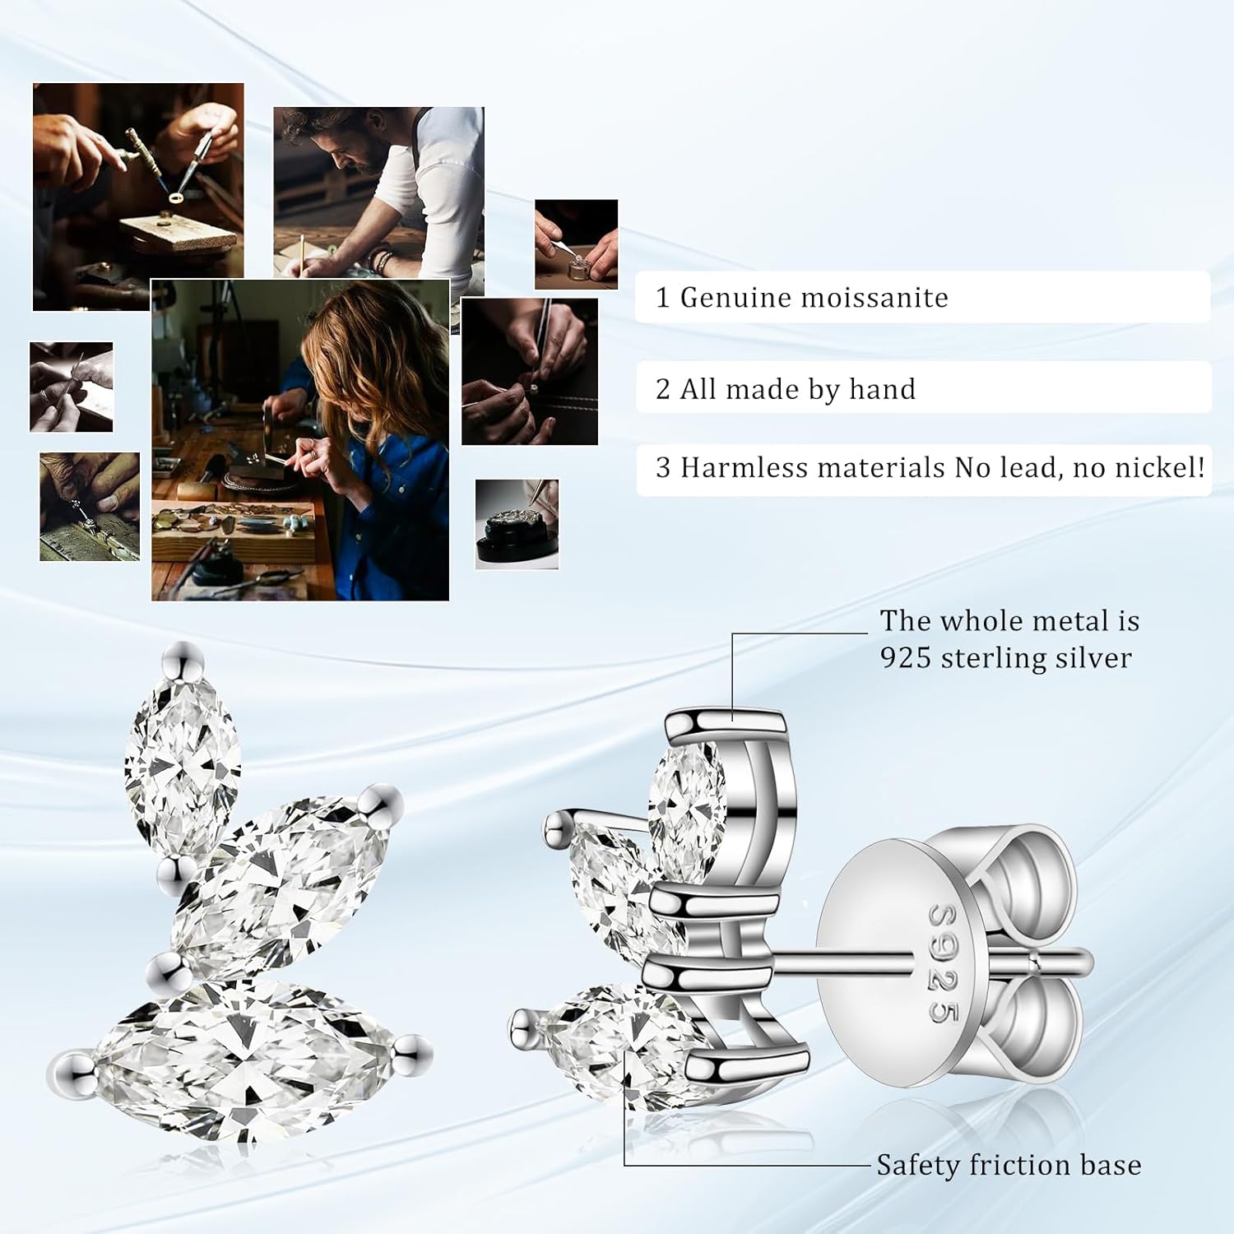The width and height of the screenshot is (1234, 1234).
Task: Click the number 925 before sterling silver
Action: tap(906, 658)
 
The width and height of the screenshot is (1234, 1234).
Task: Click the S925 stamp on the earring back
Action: tap(944, 963)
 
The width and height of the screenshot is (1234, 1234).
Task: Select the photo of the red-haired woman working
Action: tap(300, 439)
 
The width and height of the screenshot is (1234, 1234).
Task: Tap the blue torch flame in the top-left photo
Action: tap(174, 197)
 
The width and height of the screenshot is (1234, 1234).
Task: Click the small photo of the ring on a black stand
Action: tap(517, 524)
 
